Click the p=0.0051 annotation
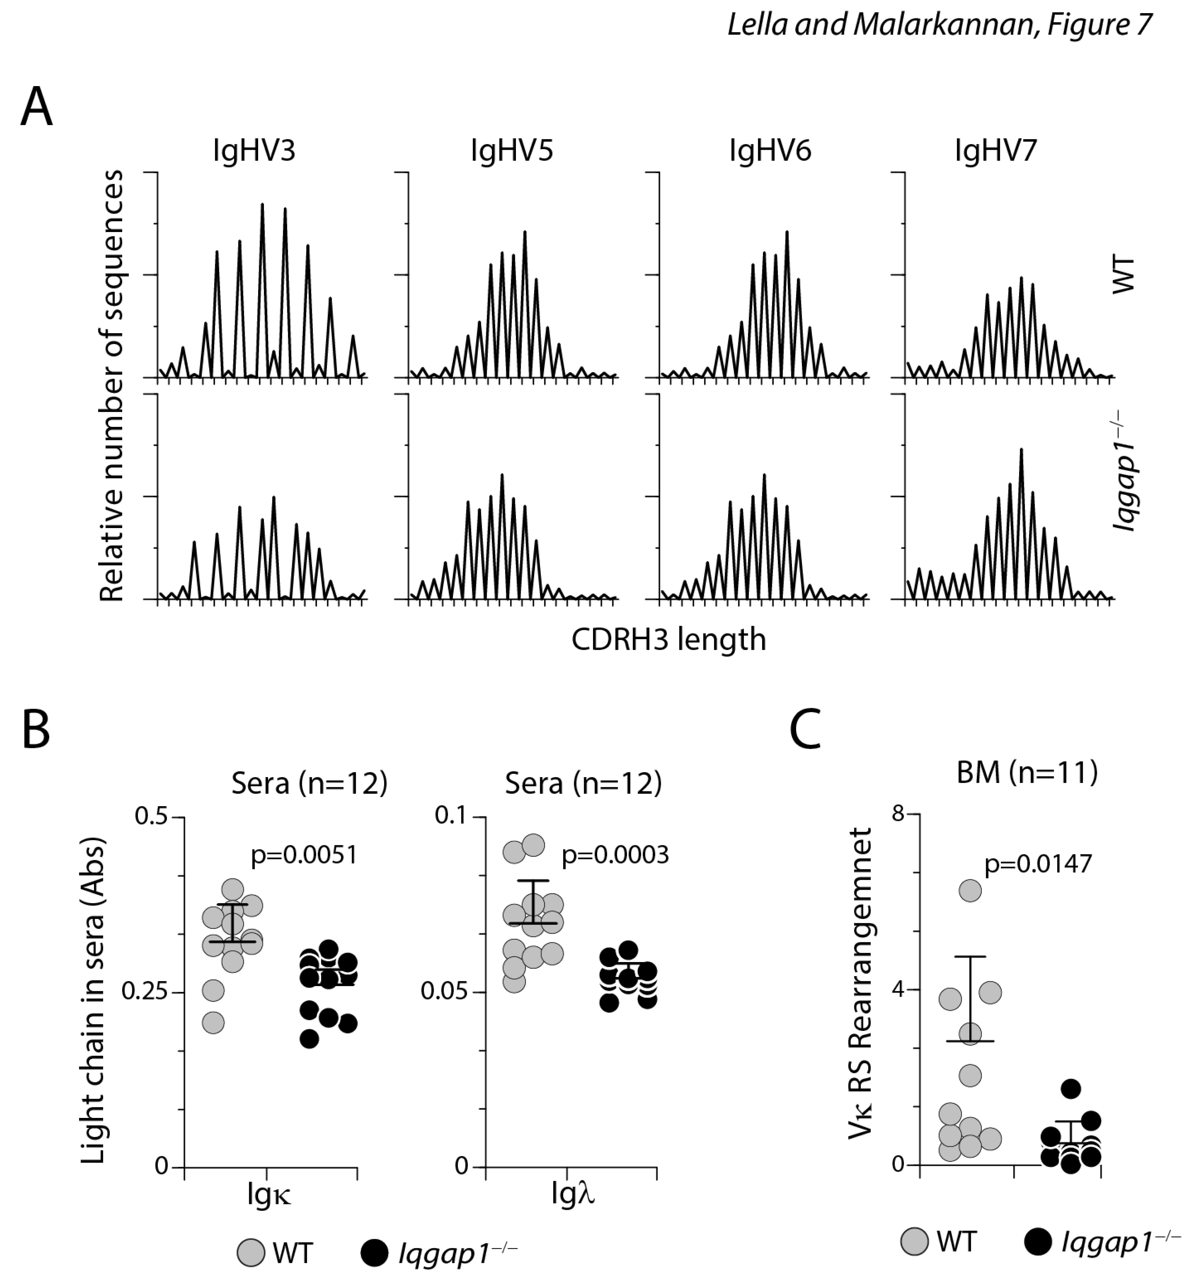tap(304, 855)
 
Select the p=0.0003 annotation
tap(615, 855)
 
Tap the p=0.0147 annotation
tap(1038, 864)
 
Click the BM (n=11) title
tap(1027, 773)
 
